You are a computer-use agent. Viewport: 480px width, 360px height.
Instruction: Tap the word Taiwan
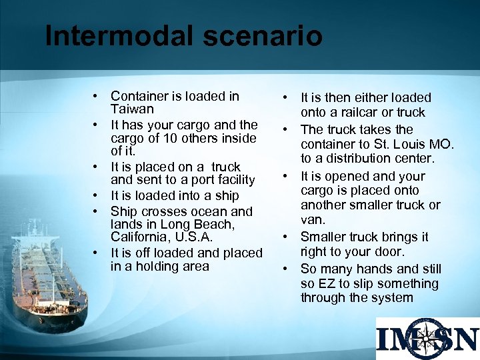coord(132,109)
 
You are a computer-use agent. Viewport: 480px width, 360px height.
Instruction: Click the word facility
coord(233,180)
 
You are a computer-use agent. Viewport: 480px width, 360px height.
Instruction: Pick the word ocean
coord(209,211)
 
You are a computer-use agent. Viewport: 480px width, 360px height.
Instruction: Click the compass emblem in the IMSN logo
coord(427,339)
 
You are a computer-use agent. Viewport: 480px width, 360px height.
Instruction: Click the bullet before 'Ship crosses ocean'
coord(97,211)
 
